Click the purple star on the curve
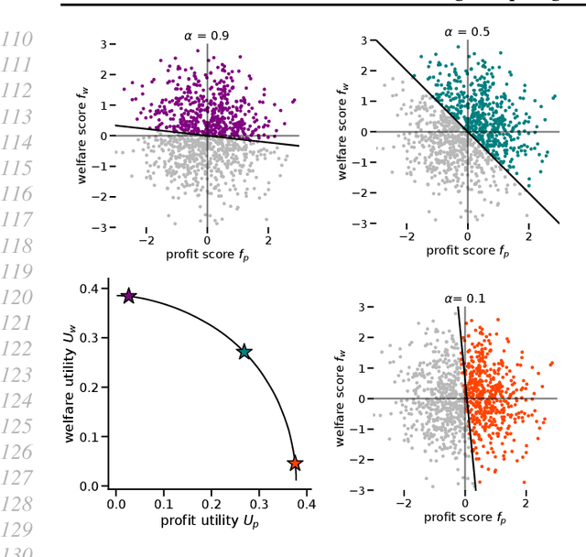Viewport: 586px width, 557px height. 129,296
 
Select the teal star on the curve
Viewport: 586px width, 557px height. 244,352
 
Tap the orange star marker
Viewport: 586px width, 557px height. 295,464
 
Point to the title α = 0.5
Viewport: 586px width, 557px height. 467,31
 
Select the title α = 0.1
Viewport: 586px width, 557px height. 465,298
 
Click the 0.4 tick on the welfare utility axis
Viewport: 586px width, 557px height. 88,289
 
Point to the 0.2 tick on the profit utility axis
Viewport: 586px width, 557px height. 212,504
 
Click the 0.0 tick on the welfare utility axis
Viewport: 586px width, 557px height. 88,486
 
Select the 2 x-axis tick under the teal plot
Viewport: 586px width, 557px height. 528,236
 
